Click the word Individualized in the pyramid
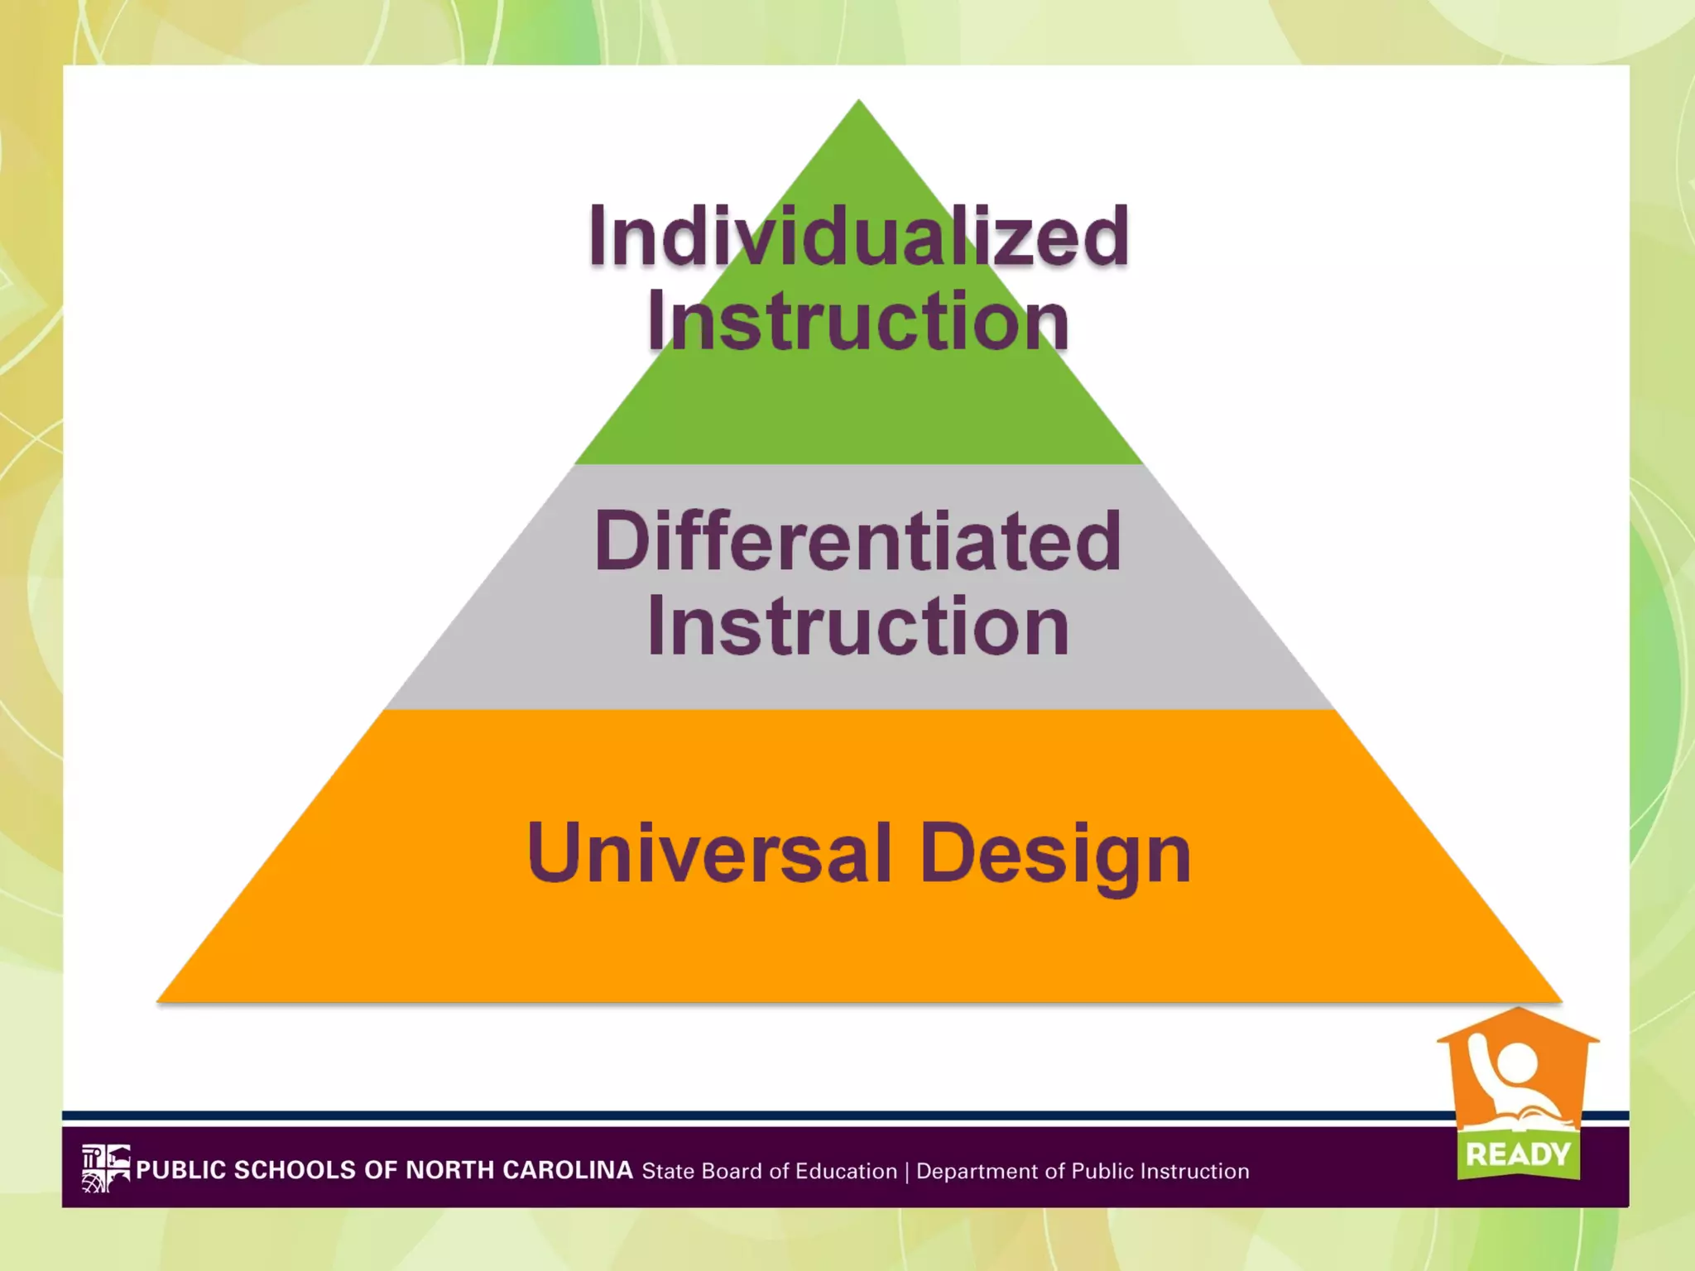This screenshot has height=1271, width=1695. [x=858, y=237]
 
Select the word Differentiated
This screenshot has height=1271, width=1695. [x=858, y=542]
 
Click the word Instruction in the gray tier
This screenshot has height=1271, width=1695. [x=858, y=626]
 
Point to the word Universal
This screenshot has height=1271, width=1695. [x=709, y=853]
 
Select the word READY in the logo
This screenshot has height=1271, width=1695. [x=1518, y=1154]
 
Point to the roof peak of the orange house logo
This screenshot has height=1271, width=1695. [x=1518, y=1010]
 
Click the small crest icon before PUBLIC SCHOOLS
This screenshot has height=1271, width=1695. [x=106, y=1168]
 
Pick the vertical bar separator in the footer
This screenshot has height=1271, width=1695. [x=907, y=1172]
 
